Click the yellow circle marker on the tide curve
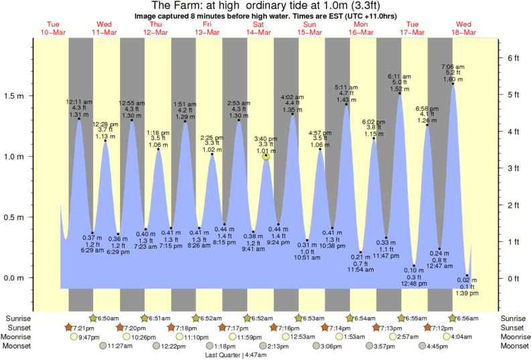tap(266, 156)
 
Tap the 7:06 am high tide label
tap(453, 66)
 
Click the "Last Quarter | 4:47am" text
tap(237, 355)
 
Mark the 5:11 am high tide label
tap(346, 87)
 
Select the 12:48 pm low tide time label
tap(415, 283)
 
